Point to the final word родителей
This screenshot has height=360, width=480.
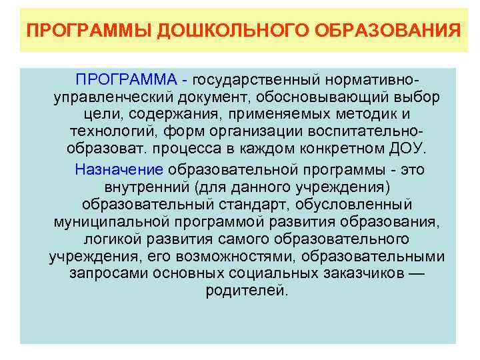click(247, 292)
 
